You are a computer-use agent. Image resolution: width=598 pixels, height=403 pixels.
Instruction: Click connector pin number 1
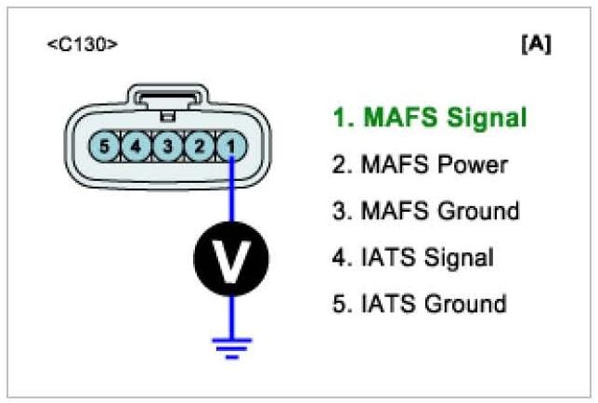[229, 147]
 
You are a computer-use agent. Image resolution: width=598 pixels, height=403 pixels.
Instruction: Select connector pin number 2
[198, 147]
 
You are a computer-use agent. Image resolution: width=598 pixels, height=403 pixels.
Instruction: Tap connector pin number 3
[167, 147]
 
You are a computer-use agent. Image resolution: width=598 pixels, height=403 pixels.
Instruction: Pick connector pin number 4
[136, 147]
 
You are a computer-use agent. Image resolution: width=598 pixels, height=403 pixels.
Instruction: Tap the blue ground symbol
[229, 346]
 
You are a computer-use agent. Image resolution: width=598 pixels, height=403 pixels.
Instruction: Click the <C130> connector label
[82, 45]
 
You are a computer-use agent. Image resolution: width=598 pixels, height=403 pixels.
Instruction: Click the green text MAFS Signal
[429, 118]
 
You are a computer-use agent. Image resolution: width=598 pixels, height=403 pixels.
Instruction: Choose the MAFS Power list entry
[420, 165]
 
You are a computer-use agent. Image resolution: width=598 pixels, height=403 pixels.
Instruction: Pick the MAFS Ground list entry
[425, 212]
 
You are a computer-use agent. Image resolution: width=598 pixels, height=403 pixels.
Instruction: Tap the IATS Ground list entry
[419, 304]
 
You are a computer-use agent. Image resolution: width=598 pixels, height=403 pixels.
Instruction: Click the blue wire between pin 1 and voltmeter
[230, 195]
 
